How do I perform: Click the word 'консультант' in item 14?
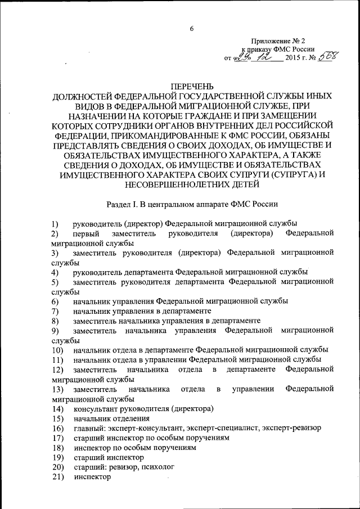tap(95, 408)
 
